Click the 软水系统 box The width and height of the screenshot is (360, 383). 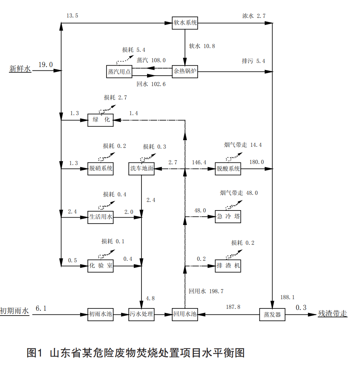click(185, 23)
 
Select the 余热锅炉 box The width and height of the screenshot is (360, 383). click(185, 72)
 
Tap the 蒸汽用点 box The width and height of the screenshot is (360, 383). click(119, 72)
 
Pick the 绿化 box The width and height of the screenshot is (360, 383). click(101, 120)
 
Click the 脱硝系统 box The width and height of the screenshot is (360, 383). click(101, 168)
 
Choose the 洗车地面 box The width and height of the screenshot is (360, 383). click(141, 168)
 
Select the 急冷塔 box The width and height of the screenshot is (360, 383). click(228, 216)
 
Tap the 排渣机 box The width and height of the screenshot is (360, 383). click(228, 266)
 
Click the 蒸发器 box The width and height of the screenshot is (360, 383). click(272, 314)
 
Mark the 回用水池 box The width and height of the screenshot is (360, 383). click(185, 314)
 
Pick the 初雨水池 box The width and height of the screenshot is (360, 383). click(100, 314)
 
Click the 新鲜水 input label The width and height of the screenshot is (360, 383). click(20, 68)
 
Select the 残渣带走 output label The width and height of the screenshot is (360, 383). click(332, 313)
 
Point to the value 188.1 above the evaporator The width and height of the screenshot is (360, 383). click(287, 297)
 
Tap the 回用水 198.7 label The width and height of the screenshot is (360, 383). click(206, 291)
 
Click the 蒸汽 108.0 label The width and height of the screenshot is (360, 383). click(151, 60)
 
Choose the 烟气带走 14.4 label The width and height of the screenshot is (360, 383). click(243, 145)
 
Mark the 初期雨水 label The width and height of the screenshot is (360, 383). click(14, 311)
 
